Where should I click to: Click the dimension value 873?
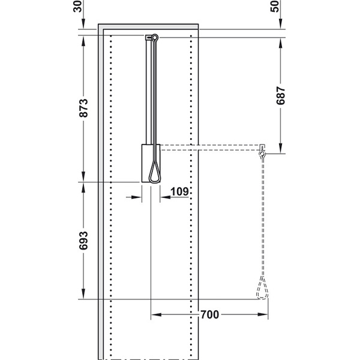pos(83,108)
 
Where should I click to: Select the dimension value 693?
pos(83,241)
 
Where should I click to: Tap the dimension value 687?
pos(281,95)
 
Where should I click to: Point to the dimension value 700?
pos(210,314)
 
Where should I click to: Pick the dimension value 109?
pos(179,191)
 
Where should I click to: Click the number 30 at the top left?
pos(77,7)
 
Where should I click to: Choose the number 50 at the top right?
pos(275,7)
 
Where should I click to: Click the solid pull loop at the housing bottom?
pos(155,173)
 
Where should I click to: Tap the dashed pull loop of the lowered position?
pos(262,289)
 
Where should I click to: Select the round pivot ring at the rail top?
pos(155,37)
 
